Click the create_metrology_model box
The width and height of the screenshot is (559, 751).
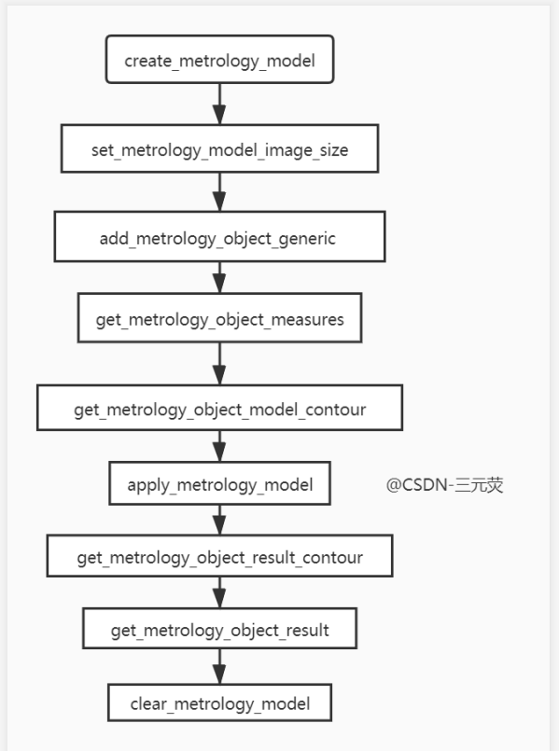point(219,62)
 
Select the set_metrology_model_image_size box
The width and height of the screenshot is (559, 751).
point(219,149)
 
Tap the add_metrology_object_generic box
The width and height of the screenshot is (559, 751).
point(219,238)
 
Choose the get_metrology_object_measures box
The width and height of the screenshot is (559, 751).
point(219,320)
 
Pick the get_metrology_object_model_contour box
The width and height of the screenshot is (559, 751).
point(219,410)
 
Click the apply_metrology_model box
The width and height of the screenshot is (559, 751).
point(219,485)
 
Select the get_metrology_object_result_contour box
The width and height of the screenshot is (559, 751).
point(219,558)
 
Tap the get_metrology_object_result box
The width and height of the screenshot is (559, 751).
point(219,630)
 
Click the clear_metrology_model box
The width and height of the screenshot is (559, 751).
point(219,702)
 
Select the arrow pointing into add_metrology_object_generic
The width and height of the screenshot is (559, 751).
point(219,194)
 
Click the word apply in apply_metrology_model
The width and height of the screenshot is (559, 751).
point(147,486)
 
